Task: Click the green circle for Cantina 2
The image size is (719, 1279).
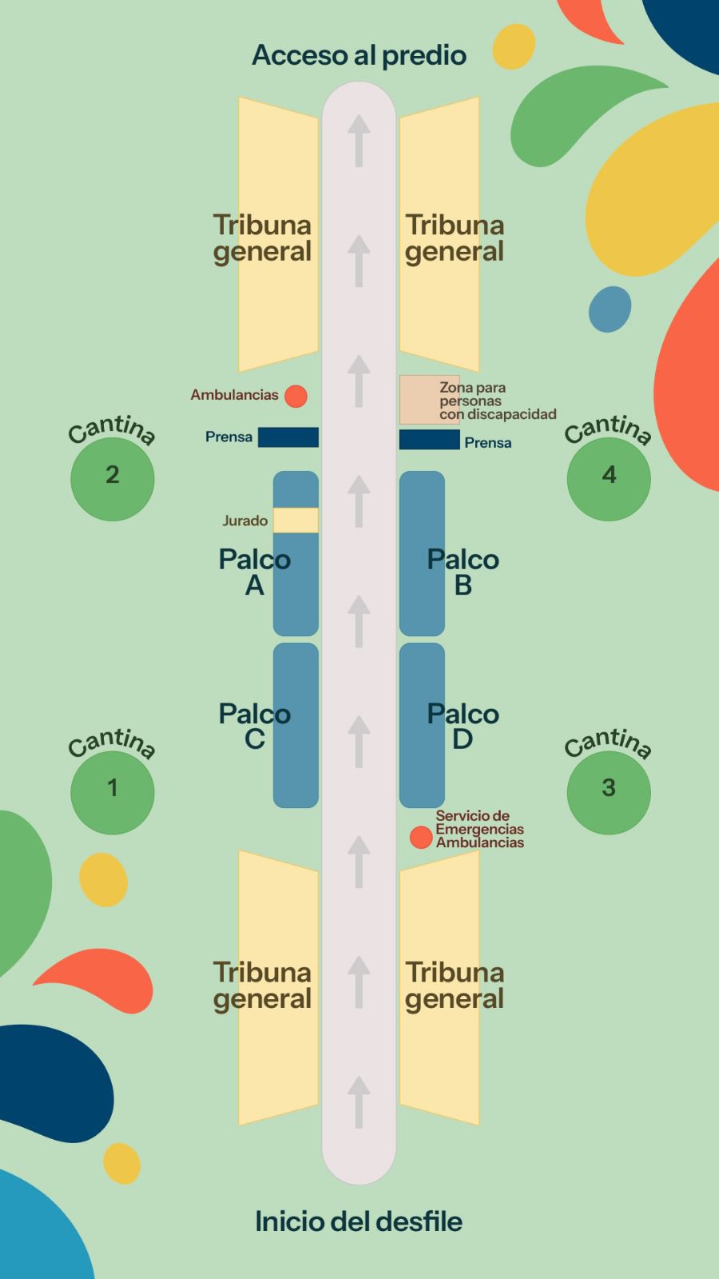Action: point(112,479)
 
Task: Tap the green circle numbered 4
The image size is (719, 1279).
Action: point(609,479)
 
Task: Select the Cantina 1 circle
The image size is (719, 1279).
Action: point(112,792)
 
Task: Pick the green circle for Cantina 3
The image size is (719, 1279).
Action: point(609,792)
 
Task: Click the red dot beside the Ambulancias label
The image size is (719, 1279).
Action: point(296,396)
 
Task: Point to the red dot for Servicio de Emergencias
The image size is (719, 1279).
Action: point(421,837)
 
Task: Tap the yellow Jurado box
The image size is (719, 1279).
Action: point(296,520)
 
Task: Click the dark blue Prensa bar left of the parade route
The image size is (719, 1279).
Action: point(288,437)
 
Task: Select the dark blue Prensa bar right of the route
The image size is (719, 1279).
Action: point(429,440)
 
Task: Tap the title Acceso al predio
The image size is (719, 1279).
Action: point(359,55)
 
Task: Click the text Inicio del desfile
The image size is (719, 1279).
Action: point(359,1221)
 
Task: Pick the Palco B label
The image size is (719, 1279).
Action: point(463,572)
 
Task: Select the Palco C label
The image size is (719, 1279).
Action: point(254,726)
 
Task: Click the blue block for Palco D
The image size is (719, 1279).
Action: point(422,767)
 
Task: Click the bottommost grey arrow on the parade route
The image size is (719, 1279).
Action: point(359,1101)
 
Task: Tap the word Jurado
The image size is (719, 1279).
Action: point(244,521)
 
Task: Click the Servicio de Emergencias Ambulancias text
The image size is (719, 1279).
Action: point(479,829)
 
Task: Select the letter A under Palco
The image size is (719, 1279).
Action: point(254,586)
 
